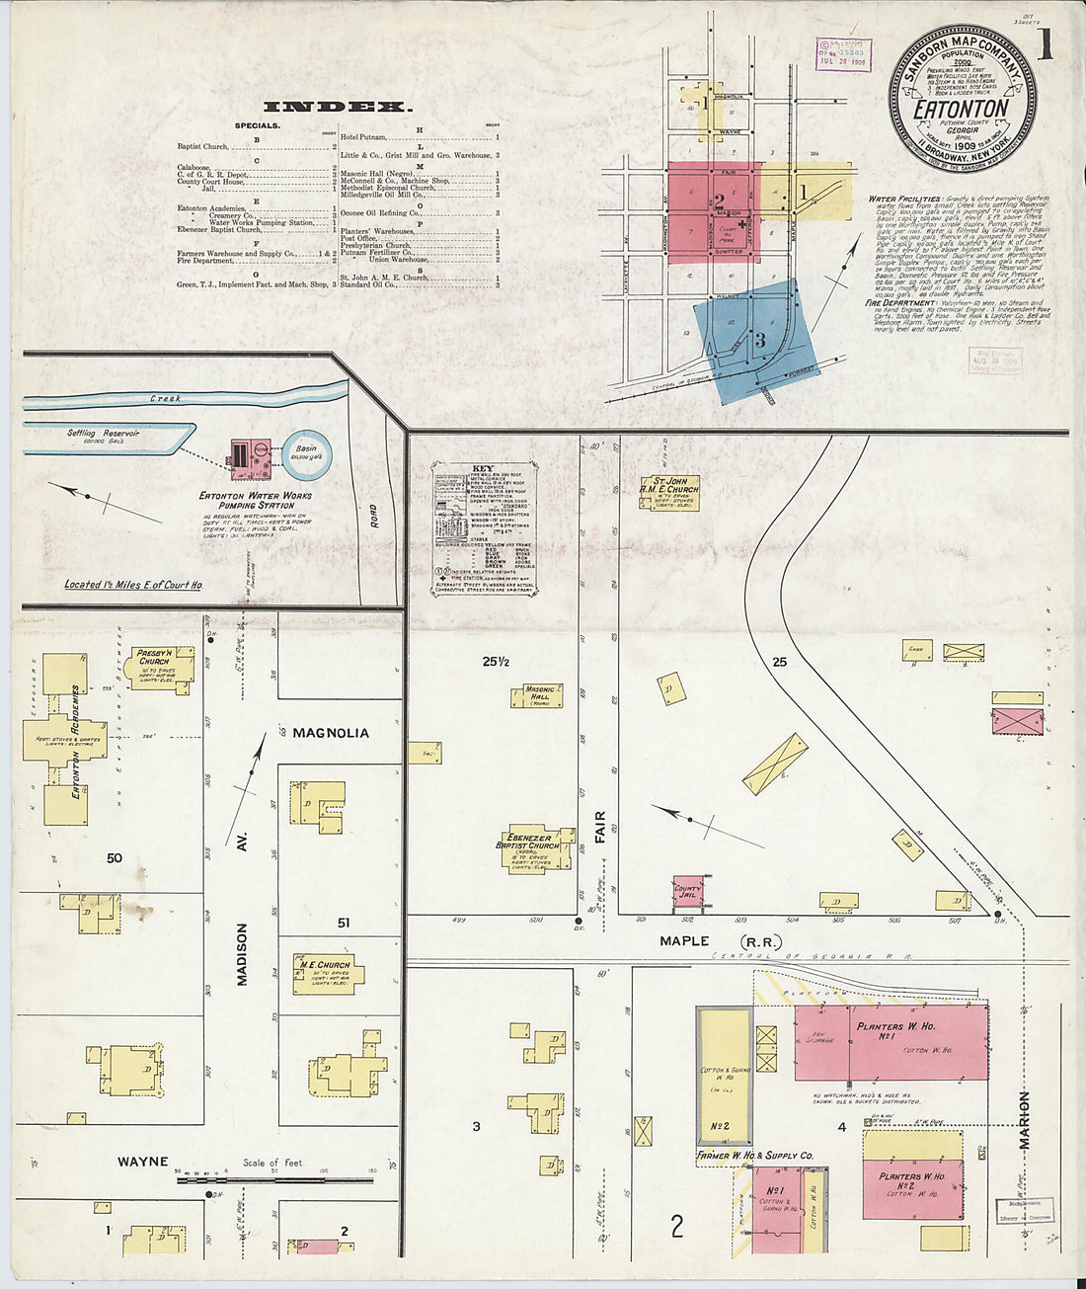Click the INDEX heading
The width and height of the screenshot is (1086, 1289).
coord(337,107)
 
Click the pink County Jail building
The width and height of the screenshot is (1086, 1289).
coord(687,891)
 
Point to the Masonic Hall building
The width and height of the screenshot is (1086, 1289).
coord(537,695)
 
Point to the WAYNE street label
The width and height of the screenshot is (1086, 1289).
coord(143,1162)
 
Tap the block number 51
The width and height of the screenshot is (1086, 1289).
coord(344,923)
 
